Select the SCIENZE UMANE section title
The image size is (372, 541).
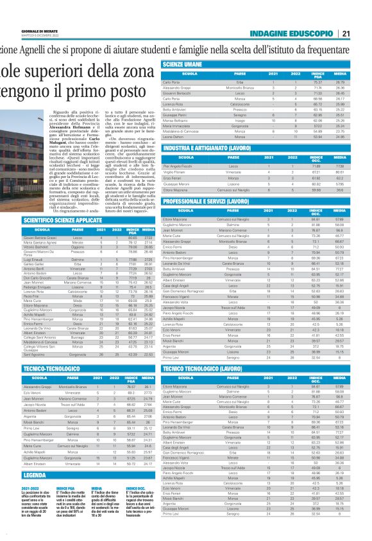click(x=183, y=65)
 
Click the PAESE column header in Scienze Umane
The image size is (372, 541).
click(x=241, y=74)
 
